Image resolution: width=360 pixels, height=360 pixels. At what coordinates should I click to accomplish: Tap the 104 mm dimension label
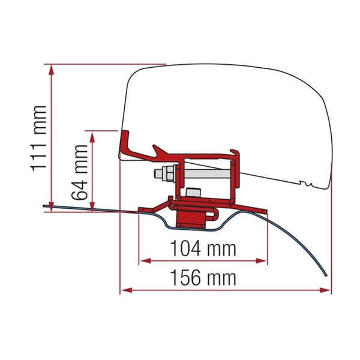point(203,248)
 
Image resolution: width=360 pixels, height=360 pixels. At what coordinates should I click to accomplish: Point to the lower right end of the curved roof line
point(326,275)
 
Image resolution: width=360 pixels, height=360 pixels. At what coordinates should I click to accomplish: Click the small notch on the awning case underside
point(307,182)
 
